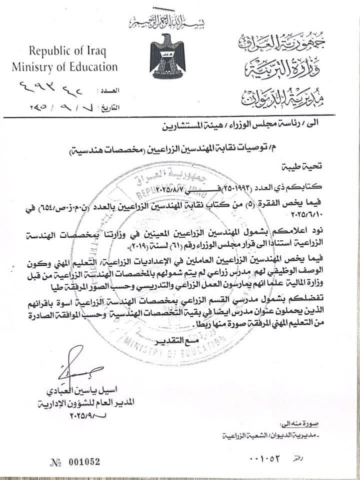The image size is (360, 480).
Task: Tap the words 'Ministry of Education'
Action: [x=64, y=67]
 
